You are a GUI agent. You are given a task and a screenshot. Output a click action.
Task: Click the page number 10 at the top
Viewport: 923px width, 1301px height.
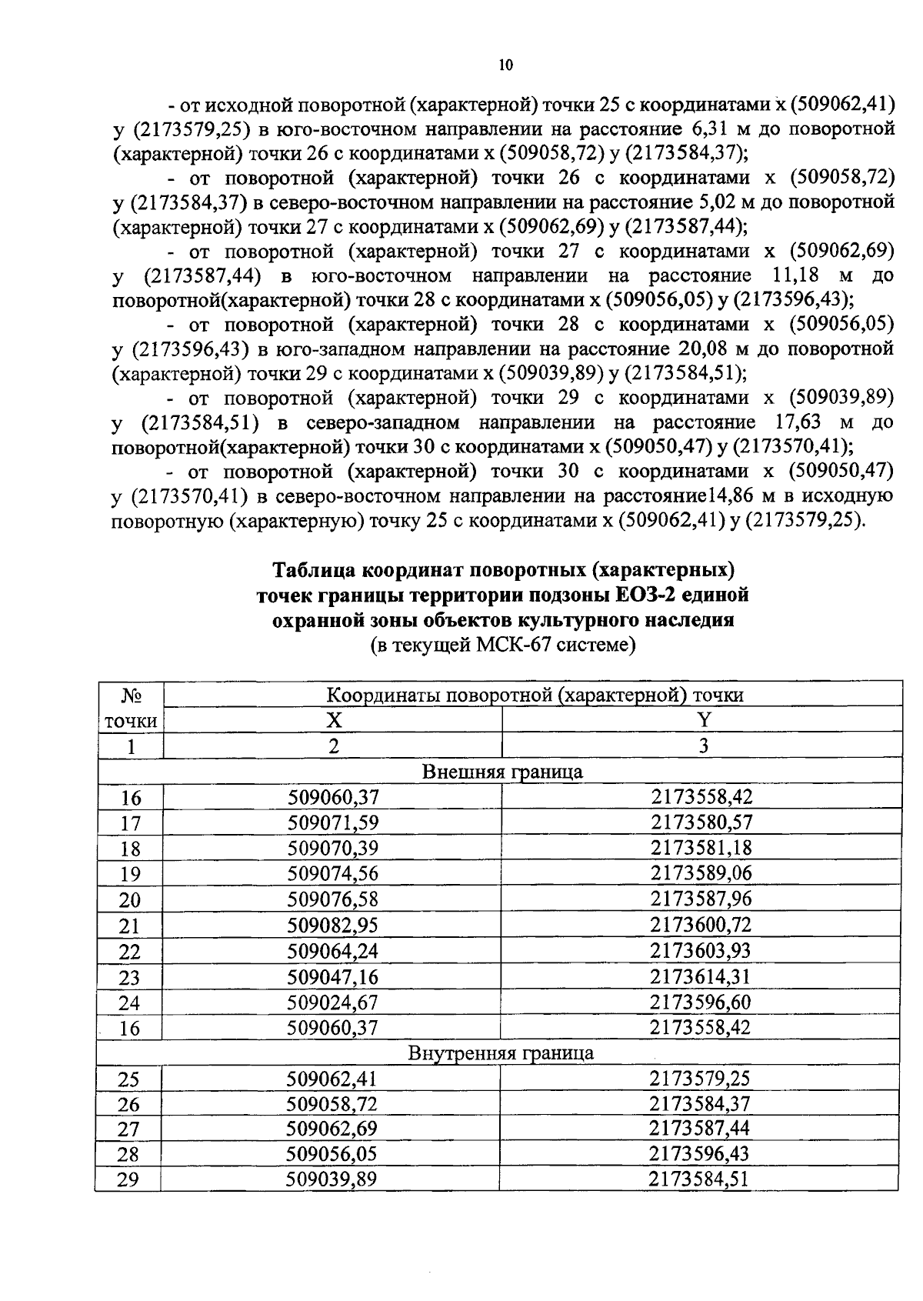[505, 65]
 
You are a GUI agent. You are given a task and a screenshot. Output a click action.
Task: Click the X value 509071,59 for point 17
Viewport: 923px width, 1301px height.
[333, 823]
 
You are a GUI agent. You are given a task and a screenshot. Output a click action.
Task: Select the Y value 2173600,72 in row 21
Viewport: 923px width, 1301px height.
[700, 925]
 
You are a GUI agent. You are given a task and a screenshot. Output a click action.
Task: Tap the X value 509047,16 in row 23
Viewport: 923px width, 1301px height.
[333, 977]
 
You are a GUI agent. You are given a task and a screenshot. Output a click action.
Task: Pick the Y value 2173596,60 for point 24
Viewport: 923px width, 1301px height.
[700, 1002]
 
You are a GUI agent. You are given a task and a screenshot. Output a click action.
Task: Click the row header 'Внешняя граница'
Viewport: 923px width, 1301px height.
[502, 772]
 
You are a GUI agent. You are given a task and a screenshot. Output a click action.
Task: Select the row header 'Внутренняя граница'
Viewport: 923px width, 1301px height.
[501, 1052]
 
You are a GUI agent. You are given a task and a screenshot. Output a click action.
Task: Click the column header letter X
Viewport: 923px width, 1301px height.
[333, 720]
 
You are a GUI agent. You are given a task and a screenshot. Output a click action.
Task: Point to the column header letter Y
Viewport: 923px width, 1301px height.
[701, 720]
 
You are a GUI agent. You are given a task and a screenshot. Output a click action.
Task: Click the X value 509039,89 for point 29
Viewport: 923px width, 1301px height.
[332, 1179]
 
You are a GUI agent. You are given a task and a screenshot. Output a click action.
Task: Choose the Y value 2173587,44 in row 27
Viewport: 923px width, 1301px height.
[699, 1128]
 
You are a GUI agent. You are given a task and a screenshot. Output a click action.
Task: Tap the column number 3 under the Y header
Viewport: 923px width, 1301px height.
[701, 746]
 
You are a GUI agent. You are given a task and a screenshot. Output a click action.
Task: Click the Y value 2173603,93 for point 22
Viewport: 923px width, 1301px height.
[700, 951]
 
